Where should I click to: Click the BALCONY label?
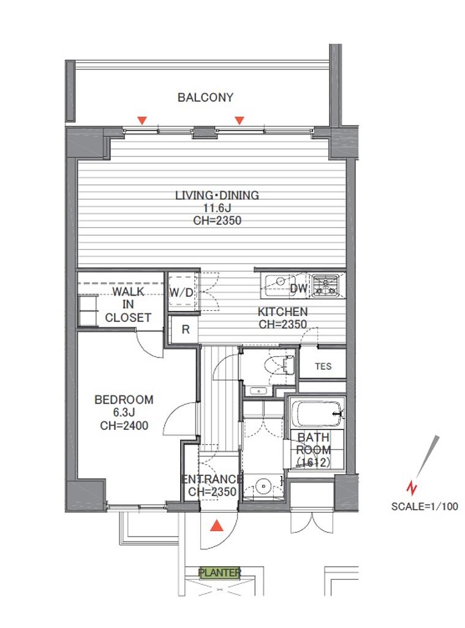tap(205, 98)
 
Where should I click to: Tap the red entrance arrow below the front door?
tap(216, 526)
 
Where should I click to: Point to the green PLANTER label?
tap(220, 573)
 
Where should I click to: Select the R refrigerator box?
tap(185, 329)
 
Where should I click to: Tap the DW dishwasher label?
tap(298, 288)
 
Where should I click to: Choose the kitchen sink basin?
tap(279, 285)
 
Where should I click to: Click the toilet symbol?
tap(279, 365)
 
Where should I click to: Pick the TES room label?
tap(323, 366)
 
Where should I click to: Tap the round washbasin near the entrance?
tap(263, 486)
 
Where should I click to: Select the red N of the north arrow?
tap(411, 488)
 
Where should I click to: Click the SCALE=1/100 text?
tap(424, 506)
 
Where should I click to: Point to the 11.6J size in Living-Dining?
tap(217, 208)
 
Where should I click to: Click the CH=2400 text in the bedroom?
tap(124, 426)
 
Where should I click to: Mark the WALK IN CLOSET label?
tap(128, 304)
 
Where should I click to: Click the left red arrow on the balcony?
tap(142, 120)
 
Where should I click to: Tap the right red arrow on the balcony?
tap(240, 120)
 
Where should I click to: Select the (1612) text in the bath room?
tap(313, 462)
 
